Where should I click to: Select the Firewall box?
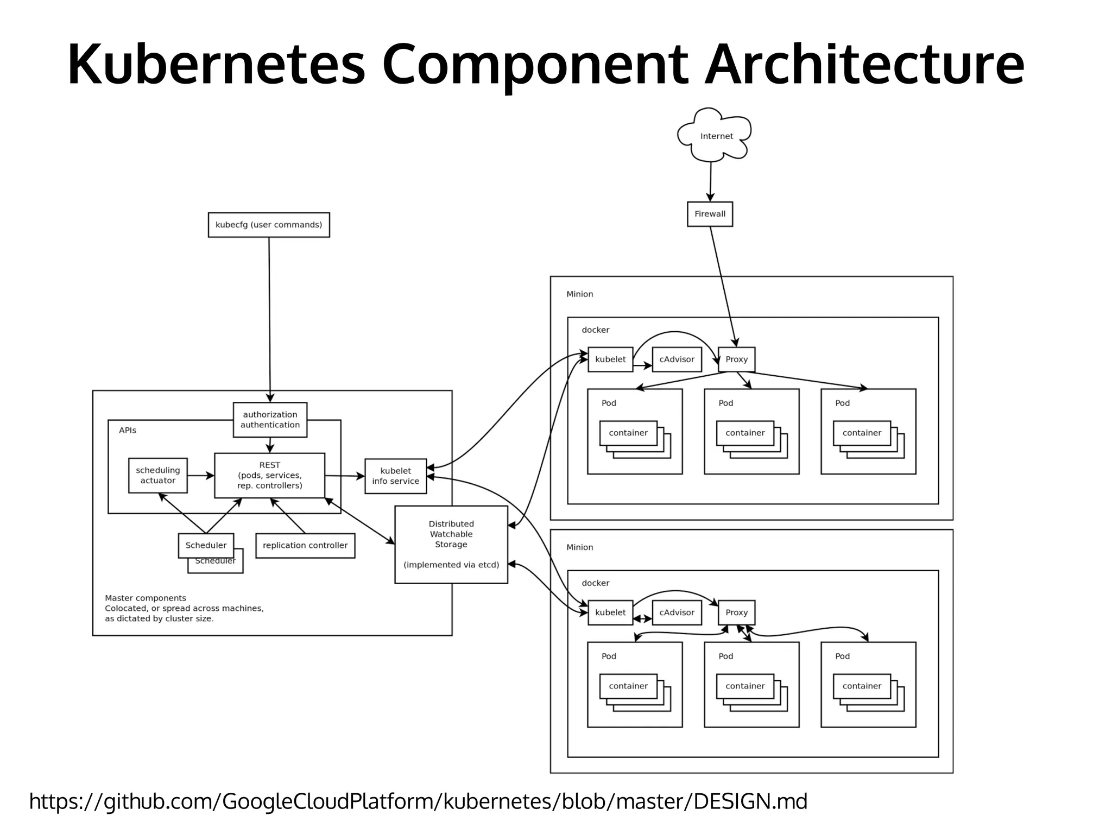pyautogui.click(x=710, y=214)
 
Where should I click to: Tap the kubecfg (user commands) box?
pyautogui.click(x=269, y=225)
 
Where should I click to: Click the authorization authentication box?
pyautogui.click(x=270, y=420)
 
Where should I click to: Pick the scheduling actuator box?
pyautogui.click(x=157, y=476)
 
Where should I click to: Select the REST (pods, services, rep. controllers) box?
pyautogui.click(x=270, y=476)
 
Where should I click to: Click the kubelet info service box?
pyautogui.click(x=395, y=476)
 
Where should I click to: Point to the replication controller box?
pyautogui.click(x=305, y=546)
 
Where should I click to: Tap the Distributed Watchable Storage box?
pyautogui.click(x=451, y=545)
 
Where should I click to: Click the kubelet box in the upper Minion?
pyautogui.click(x=610, y=359)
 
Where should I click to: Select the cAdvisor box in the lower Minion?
pyautogui.click(x=677, y=612)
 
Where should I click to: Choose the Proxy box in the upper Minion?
pyautogui.click(x=736, y=359)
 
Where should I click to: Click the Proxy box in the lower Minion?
pyautogui.click(x=736, y=612)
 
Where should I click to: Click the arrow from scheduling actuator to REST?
pyautogui.click(x=201, y=476)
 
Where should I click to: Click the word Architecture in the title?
pyautogui.click(x=864, y=64)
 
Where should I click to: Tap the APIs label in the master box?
pyautogui.click(x=128, y=431)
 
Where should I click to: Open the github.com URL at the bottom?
pyautogui.click(x=418, y=801)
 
